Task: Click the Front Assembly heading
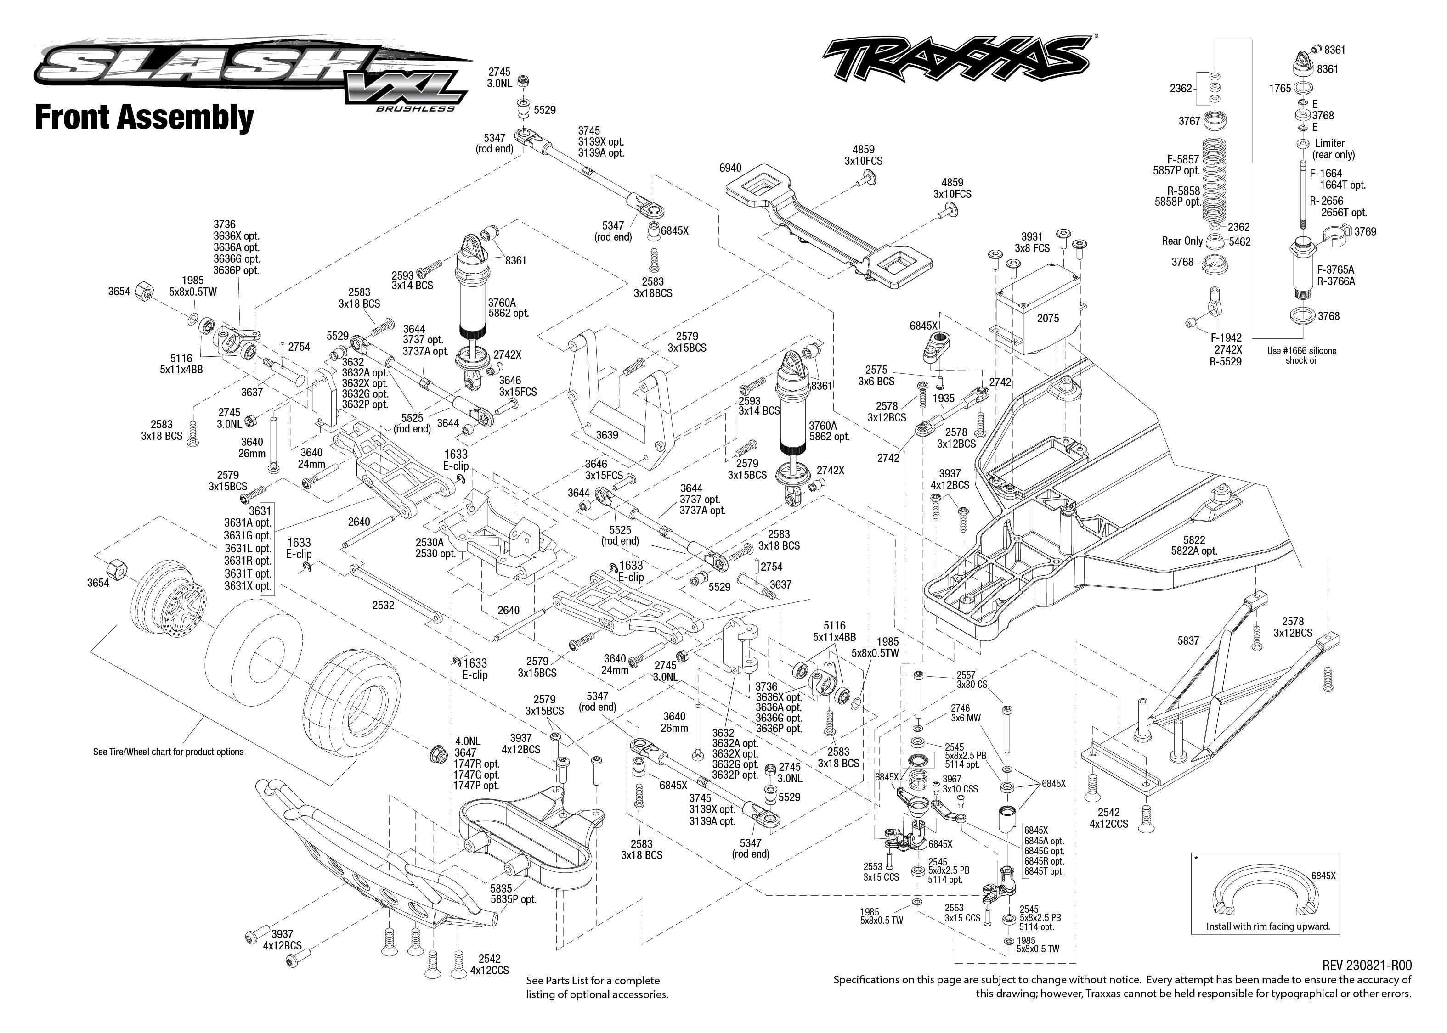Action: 144,118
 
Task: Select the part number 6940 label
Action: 730,168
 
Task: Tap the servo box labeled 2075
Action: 1047,318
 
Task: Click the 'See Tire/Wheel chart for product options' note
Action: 168,752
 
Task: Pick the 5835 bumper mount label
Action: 502,888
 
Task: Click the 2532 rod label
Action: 383,606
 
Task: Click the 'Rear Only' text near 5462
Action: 1181,241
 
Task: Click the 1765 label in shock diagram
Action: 1280,89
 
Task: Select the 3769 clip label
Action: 1365,231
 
